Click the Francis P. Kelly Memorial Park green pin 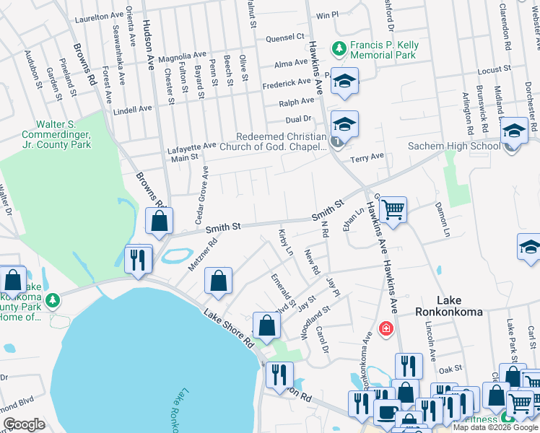click(337, 49)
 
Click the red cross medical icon click(386, 328)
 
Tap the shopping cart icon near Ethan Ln click(393, 210)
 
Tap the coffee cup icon click(386, 413)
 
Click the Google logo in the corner click(24, 424)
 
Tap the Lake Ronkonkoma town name click(454, 306)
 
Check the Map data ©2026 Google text click(495, 427)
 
